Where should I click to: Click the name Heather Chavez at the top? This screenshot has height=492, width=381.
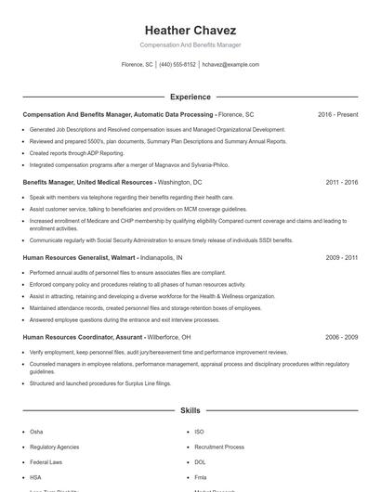click(190, 30)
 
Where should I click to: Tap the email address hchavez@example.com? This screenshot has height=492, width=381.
click(230, 65)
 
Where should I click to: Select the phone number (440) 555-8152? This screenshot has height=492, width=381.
click(177, 65)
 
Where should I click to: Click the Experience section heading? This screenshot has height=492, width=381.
click(190, 97)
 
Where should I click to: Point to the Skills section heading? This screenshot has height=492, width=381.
click(190, 409)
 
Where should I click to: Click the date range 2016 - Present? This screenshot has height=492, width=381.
click(337, 114)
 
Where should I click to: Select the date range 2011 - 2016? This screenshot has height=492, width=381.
click(341, 183)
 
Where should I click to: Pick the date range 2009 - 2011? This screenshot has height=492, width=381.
click(341, 256)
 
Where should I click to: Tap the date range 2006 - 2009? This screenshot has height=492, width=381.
click(341, 337)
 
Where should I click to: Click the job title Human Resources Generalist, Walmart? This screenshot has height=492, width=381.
click(79, 256)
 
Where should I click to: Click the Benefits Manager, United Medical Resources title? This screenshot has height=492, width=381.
click(87, 183)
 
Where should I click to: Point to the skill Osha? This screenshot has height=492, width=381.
click(36, 432)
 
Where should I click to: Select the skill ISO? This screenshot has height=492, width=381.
click(199, 432)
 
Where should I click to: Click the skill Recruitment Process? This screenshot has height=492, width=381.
click(219, 447)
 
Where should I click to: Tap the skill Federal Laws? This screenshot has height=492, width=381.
click(46, 461)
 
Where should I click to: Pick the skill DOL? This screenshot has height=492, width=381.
click(200, 461)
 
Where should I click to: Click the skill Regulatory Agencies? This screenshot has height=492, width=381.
click(54, 447)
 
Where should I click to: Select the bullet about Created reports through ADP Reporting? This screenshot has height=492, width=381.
click(77, 152)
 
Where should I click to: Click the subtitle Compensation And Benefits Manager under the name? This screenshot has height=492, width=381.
click(190, 45)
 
